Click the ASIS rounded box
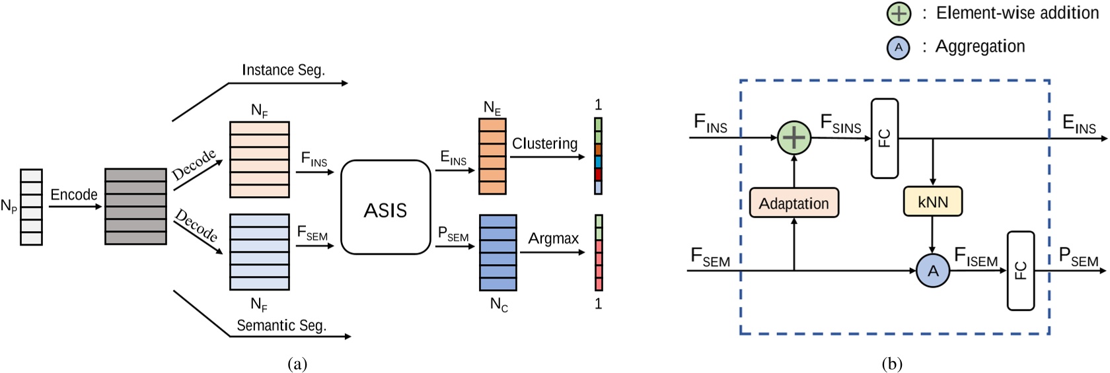point(385,207)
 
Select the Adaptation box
point(794,203)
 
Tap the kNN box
point(932,202)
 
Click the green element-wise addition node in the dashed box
point(794,138)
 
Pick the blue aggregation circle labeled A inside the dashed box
point(932,271)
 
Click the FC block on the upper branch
point(884,139)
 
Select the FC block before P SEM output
point(1020,271)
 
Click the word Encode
point(74,195)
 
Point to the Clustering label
point(544,143)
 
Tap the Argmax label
point(553,238)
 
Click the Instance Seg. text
point(283,70)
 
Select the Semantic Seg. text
point(281,325)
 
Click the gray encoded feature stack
point(135,207)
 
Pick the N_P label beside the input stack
point(9,207)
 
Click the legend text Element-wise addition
point(1017,13)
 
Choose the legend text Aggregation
point(980,47)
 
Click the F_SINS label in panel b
point(840,123)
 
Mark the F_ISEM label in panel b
point(976,257)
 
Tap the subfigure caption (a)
point(297,364)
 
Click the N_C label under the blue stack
point(499,304)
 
